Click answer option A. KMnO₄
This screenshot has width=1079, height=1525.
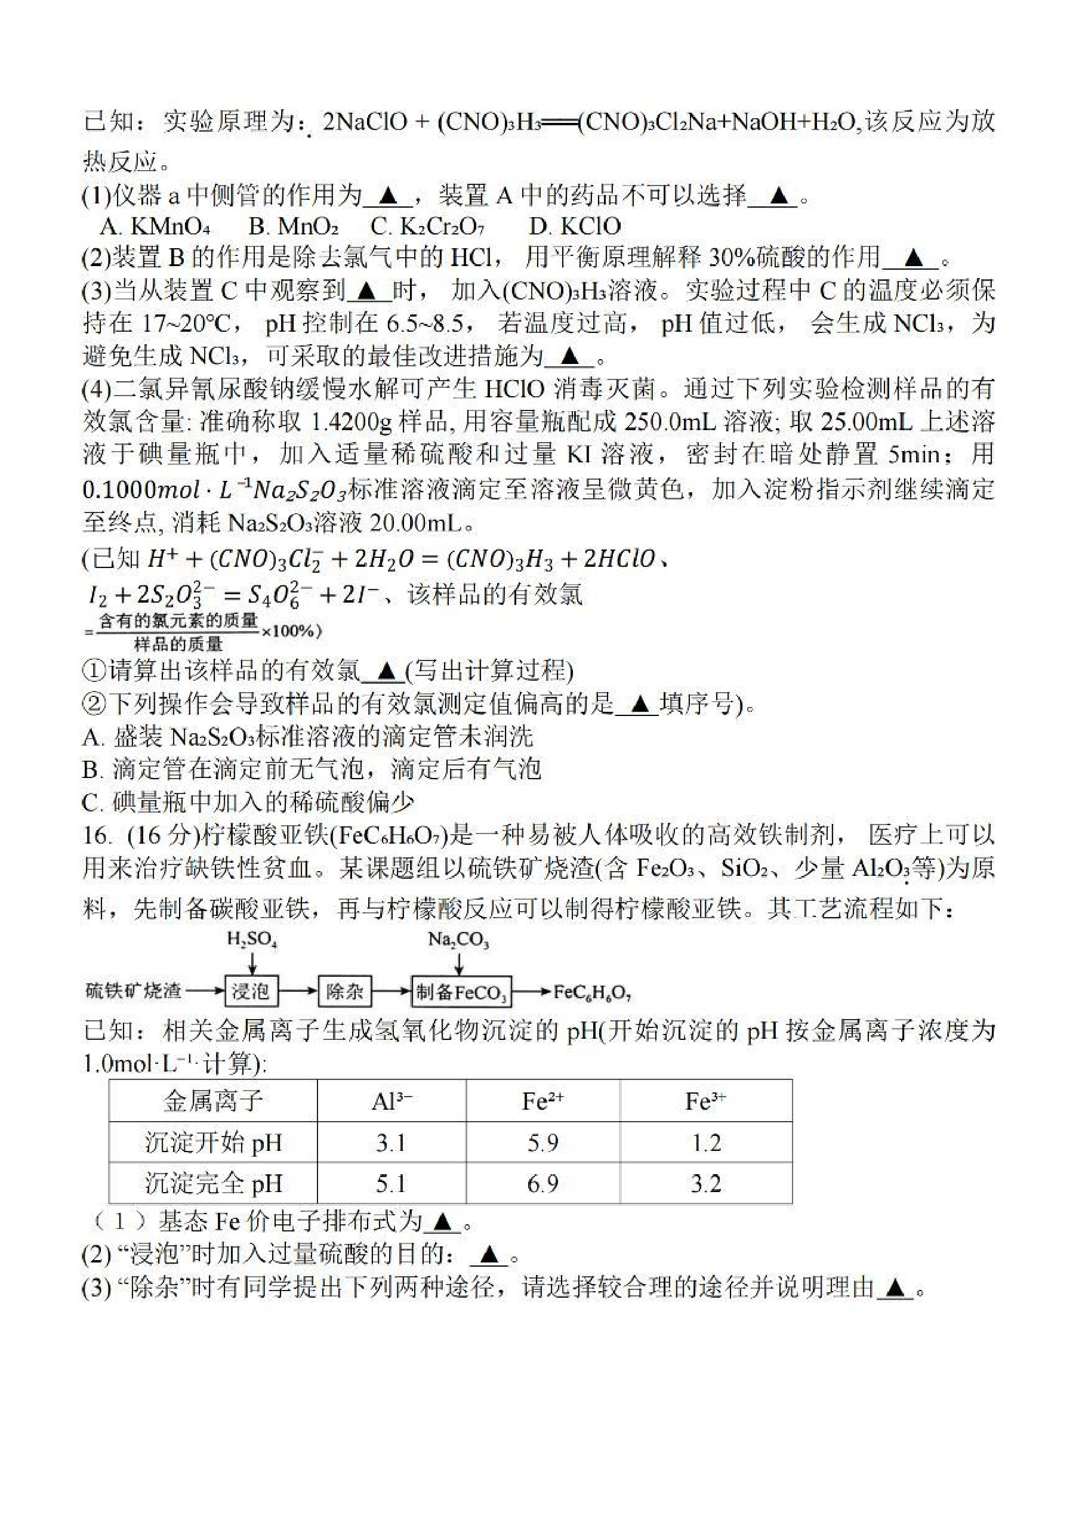(155, 227)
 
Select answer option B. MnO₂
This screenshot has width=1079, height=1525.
(293, 227)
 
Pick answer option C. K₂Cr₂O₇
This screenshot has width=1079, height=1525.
(427, 227)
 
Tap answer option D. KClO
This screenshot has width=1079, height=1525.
(574, 227)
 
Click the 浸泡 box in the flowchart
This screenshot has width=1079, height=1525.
(251, 992)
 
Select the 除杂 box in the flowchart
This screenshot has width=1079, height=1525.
(344, 992)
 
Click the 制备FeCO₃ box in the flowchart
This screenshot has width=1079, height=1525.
(461, 993)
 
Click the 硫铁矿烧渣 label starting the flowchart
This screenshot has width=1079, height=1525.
(134, 992)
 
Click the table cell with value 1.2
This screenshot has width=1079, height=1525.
(705, 1142)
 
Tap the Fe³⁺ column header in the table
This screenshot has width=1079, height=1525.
(705, 1101)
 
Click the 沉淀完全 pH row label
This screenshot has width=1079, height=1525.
(213, 1183)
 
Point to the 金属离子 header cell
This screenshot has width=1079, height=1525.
(213, 1101)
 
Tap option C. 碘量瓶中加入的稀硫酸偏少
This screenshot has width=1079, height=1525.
(248, 802)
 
